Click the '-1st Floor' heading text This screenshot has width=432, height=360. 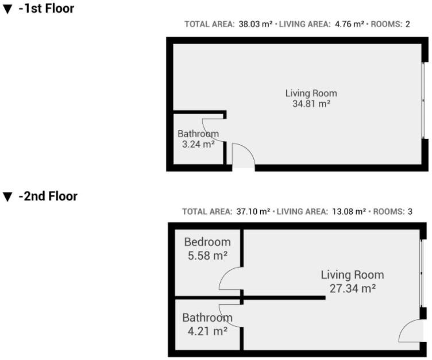[x=47, y=9]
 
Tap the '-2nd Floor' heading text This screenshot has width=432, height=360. [x=48, y=196]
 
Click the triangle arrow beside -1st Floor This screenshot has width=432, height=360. [x=7, y=9]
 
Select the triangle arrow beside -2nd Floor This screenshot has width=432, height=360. [x=7, y=197]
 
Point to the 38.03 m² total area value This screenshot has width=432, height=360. [x=256, y=24]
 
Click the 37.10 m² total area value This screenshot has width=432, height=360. [x=253, y=211]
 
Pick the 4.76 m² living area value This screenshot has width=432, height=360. [x=349, y=24]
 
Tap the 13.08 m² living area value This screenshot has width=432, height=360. [x=349, y=211]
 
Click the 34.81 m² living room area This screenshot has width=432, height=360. [x=311, y=104]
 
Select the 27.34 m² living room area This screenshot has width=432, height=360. [x=352, y=288]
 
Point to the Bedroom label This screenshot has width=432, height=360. [x=207, y=242]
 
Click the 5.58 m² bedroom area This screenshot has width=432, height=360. [x=207, y=256]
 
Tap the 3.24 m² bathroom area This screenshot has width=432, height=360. [x=198, y=144]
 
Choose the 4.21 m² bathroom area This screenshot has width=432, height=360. [x=207, y=331]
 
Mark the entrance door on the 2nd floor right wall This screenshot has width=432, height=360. [x=411, y=331]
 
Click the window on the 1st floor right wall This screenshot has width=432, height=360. [x=423, y=100]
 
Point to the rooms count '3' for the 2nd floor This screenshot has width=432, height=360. [x=410, y=211]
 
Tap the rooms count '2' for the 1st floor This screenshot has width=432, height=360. [x=408, y=24]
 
